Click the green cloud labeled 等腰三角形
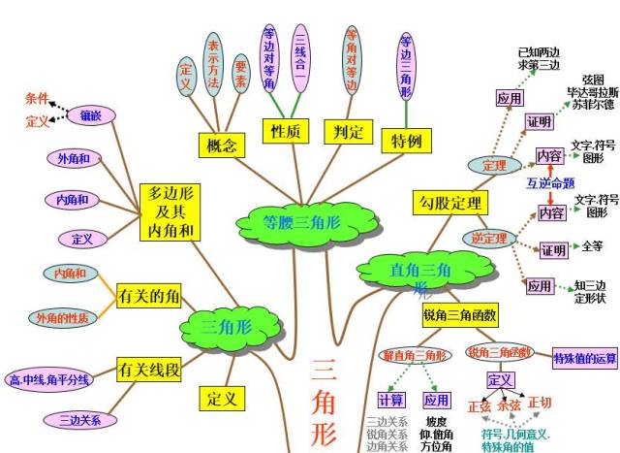[x=289, y=222]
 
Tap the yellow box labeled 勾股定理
[x=450, y=202]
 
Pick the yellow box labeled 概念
[x=222, y=145]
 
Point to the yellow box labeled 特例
[x=405, y=142]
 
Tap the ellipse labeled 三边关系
[x=77, y=420]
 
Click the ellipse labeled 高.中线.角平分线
[x=49, y=379]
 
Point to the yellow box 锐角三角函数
[x=460, y=315]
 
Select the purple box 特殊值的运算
[x=584, y=358]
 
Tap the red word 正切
[x=539, y=404]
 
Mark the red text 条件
[x=37, y=99]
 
